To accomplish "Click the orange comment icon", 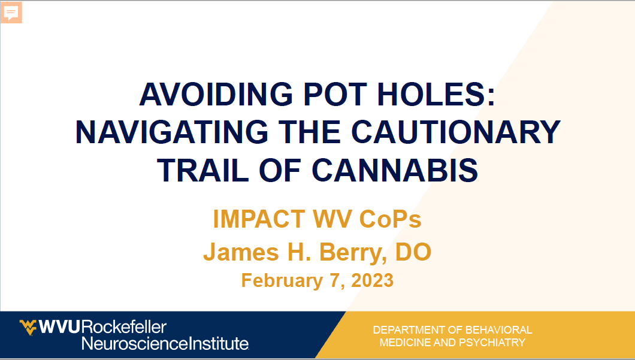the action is (x=11, y=13).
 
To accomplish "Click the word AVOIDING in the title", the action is (x=216, y=95).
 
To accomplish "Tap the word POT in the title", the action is (x=335, y=95).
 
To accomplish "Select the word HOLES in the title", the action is (x=436, y=95).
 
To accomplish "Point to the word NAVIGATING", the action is (x=172, y=132).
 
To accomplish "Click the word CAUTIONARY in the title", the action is (x=456, y=132).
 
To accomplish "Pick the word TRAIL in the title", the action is (x=203, y=170).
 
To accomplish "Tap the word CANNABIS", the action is (x=395, y=170).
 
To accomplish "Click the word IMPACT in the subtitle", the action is (x=259, y=219).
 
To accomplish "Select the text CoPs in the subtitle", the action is (x=391, y=219).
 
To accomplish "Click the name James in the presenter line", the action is (x=241, y=252).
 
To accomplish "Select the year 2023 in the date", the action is (x=372, y=280).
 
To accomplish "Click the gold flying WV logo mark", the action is (x=28, y=327).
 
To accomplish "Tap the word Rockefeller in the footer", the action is (x=124, y=327).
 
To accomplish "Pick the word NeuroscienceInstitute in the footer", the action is (x=165, y=343).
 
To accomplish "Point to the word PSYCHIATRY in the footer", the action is (x=492, y=343).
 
